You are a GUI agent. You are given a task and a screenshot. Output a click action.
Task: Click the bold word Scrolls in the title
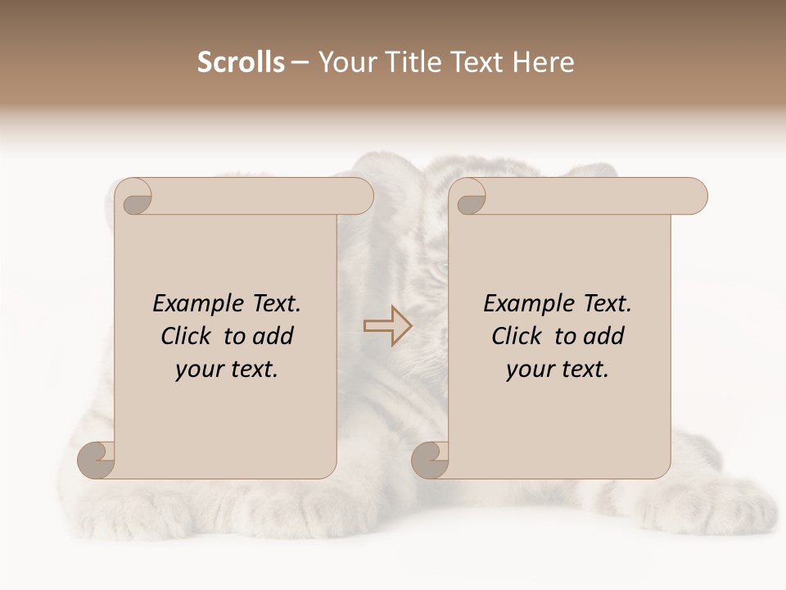(x=242, y=62)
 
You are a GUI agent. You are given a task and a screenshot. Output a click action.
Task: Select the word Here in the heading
(x=544, y=62)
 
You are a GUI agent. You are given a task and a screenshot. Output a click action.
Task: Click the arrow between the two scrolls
(x=387, y=326)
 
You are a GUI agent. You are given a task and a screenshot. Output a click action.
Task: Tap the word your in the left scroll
(x=197, y=370)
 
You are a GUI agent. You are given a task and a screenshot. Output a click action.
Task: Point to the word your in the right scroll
(x=528, y=370)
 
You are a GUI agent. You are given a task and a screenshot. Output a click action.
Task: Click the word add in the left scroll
(x=272, y=336)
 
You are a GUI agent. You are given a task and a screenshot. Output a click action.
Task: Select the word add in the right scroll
(x=603, y=336)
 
